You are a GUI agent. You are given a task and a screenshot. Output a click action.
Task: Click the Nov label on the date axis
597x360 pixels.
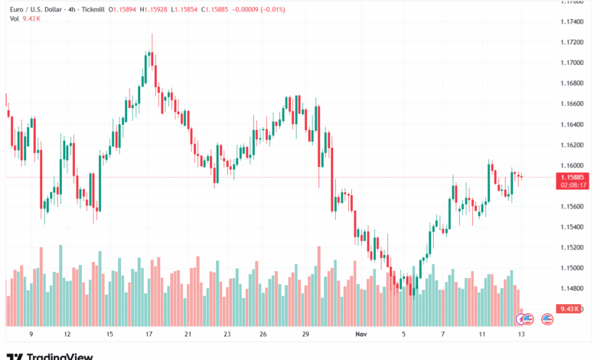point(361,335)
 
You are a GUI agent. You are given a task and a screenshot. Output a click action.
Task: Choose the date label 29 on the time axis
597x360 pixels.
point(305,335)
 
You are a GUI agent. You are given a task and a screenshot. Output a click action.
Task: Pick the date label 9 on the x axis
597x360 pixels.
point(30,335)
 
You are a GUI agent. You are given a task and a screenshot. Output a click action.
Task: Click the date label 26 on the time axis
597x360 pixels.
point(263,335)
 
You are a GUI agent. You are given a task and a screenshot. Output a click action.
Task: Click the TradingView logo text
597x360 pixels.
point(60,356)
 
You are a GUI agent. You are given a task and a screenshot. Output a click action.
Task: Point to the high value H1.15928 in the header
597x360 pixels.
point(158,9)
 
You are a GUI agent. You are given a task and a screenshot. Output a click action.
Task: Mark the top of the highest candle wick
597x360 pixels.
point(152,34)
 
